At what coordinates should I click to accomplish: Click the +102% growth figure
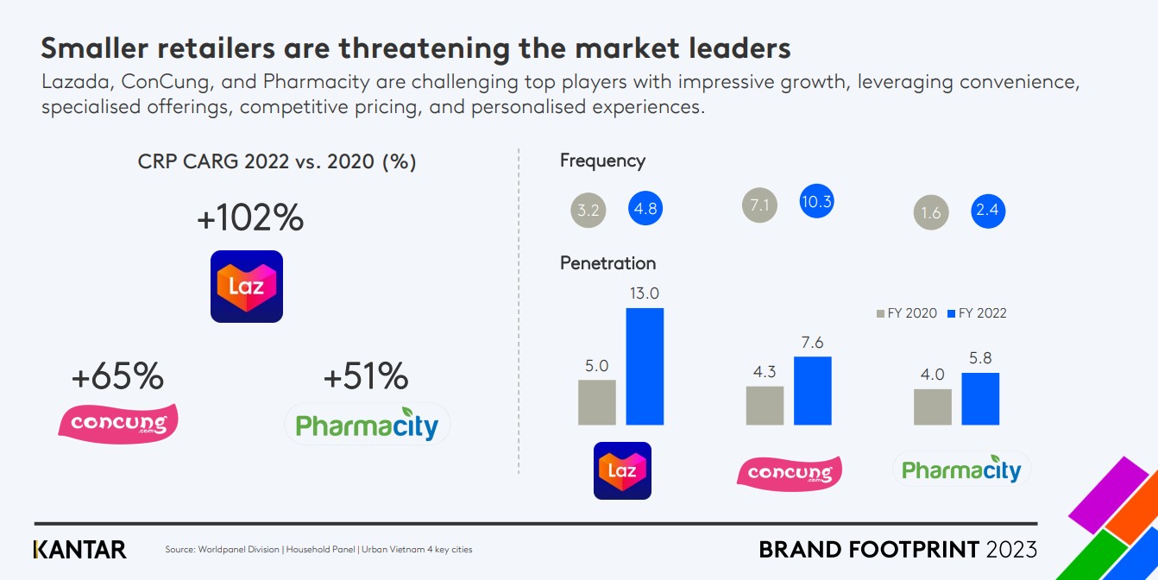pos(250,218)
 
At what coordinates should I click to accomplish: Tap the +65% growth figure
pos(117,376)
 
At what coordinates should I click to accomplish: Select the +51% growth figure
pos(366,376)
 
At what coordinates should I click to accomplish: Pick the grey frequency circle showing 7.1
pos(760,206)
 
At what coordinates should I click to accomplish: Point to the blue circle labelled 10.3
pos(816,202)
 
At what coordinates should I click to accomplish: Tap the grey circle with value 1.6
pos(931,212)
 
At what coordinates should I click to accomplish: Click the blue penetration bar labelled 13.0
pos(645,366)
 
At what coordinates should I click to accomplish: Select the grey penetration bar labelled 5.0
pos(596,402)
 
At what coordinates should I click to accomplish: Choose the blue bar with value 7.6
pos(813,390)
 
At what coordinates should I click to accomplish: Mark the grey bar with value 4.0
pos(932,407)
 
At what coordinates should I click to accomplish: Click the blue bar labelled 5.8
pos(980,399)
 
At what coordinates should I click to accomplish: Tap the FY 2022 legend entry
pos(977,313)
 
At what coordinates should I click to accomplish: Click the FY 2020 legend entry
pos(906,313)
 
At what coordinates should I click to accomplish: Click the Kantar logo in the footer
pos(79,549)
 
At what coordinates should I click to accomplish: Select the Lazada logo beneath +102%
pos(247,287)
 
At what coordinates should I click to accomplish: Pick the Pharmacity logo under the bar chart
pos(961,470)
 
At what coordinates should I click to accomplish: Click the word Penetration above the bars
pos(607,263)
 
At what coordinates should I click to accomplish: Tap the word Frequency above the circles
pos(602,161)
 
